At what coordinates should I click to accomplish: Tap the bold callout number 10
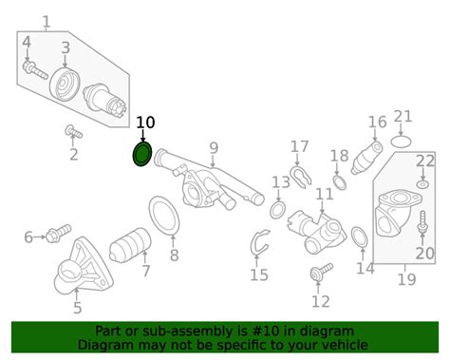(x=145, y=123)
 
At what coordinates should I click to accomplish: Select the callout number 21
(x=403, y=117)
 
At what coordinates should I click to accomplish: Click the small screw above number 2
(x=74, y=132)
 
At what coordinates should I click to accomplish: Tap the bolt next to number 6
(x=58, y=233)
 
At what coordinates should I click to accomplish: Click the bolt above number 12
(x=321, y=272)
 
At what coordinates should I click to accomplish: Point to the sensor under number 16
(x=366, y=158)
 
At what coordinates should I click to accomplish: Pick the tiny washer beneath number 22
(x=422, y=184)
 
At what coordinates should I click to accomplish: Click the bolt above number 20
(x=422, y=223)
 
